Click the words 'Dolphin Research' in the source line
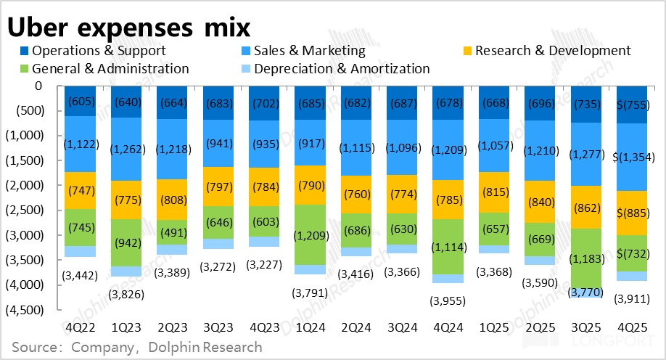205,347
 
